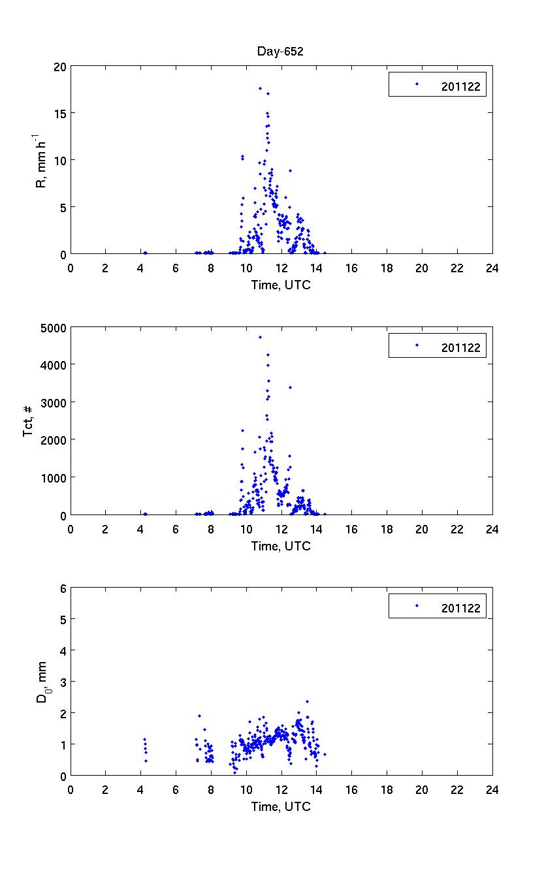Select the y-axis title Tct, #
pyautogui.click(x=29, y=421)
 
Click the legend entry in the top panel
pyautogui.click(x=438, y=84)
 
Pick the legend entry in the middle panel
pyautogui.click(x=438, y=345)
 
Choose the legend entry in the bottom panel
pyautogui.click(x=438, y=607)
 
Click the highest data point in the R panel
pyautogui.click(x=260, y=88)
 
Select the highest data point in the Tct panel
pyautogui.click(x=260, y=337)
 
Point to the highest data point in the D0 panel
pyautogui.click(x=307, y=701)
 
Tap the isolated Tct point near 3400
pyautogui.click(x=290, y=387)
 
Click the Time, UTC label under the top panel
pyautogui.click(x=281, y=285)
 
